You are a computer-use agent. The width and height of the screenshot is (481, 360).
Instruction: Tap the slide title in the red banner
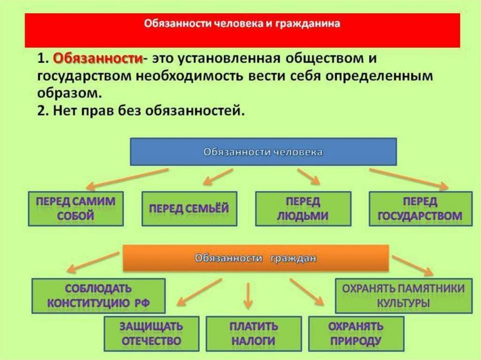click(x=242, y=23)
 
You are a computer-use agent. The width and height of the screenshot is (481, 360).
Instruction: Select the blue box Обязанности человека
click(x=263, y=152)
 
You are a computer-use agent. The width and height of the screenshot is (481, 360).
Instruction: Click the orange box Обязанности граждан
click(x=256, y=258)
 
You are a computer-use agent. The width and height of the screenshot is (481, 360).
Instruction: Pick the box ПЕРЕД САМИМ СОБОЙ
click(x=76, y=208)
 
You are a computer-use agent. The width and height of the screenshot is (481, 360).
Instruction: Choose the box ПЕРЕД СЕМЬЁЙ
click(x=189, y=208)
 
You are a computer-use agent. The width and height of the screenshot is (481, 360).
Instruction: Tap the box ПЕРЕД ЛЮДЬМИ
click(x=303, y=208)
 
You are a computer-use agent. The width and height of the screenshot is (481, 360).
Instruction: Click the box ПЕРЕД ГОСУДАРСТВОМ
click(x=420, y=208)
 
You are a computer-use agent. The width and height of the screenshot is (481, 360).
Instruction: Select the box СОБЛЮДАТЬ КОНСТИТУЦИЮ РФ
click(x=98, y=295)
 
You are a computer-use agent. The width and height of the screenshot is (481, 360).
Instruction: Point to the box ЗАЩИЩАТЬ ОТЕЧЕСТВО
click(x=151, y=333)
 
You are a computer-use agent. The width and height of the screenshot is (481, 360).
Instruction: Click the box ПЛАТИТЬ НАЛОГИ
click(x=254, y=333)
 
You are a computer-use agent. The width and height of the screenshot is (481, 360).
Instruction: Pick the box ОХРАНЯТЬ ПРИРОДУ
click(x=356, y=333)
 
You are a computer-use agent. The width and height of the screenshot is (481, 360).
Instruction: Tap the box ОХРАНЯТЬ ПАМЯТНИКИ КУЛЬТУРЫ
click(x=403, y=295)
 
